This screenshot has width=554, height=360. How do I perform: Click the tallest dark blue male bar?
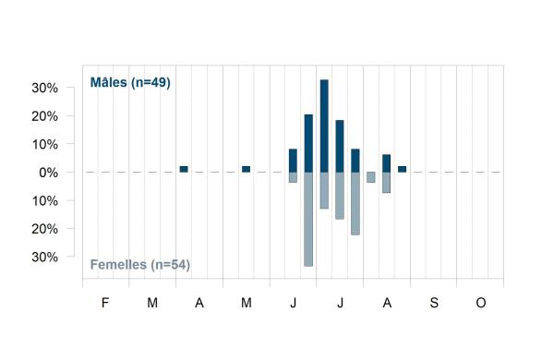[324, 126]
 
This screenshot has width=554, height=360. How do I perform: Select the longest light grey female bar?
[308, 219]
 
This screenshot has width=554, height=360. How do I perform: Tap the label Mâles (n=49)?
[130, 83]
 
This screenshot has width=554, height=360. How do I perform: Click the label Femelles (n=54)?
[140, 265]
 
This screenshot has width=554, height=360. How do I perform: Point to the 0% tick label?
[48, 173]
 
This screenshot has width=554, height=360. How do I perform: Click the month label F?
[105, 303]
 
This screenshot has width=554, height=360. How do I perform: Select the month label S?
[434, 303]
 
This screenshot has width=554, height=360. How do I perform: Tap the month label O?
[481, 303]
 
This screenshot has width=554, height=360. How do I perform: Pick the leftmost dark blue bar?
[184, 169]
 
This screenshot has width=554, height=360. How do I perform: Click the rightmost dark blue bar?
[402, 169]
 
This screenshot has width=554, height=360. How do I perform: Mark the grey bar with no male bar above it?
[371, 177]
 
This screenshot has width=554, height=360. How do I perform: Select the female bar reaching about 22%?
[355, 203]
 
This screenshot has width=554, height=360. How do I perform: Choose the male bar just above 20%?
[308, 143]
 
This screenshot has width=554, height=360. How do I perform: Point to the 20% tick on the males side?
[44, 116]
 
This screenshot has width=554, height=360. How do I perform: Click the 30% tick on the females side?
[44, 258]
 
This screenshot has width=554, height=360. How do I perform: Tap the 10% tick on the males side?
[44, 145]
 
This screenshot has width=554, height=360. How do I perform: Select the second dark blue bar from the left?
[246, 169]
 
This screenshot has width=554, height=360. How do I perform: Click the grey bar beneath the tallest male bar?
[324, 190]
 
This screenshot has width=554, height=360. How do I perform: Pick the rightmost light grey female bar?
[387, 182]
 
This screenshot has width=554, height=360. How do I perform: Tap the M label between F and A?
[152, 303]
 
